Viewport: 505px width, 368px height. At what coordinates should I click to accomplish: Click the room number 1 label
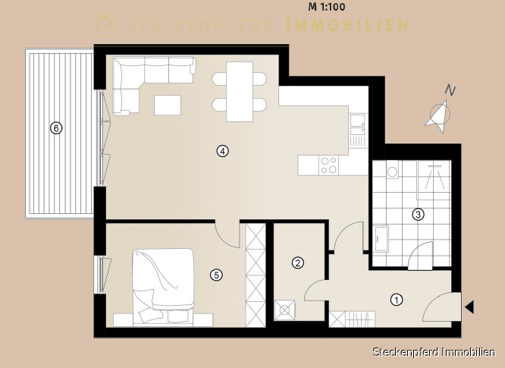(x=397, y=300)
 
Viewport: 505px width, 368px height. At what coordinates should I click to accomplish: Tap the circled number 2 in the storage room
(x=297, y=263)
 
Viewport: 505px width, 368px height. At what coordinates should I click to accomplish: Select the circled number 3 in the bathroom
(x=418, y=215)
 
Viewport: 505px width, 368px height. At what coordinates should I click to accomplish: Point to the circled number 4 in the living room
(x=222, y=151)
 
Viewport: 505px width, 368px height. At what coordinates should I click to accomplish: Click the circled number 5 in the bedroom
(x=216, y=275)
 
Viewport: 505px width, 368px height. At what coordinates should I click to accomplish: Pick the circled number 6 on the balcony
(x=56, y=128)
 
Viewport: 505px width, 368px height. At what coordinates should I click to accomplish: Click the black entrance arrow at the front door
(x=469, y=307)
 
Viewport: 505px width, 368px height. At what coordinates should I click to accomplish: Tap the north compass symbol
(x=441, y=109)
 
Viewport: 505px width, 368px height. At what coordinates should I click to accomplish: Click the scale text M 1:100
(x=327, y=7)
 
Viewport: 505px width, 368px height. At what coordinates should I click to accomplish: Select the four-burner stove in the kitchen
(x=329, y=165)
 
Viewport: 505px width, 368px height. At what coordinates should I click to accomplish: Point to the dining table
(x=240, y=92)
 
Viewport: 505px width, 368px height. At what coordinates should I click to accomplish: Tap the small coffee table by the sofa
(x=168, y=105)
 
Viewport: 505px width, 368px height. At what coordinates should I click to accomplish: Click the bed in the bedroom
(x=163, y=286)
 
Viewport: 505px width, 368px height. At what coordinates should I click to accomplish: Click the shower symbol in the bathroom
(x=434, y=178)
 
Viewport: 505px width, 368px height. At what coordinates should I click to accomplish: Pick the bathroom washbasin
(x=381, y=238)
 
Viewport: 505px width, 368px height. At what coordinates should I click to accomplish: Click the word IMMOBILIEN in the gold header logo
(x=347, y=25)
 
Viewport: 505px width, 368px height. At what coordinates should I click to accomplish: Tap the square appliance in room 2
(x=284, y=310)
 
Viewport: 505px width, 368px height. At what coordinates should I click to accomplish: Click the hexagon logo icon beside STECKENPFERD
(x=105, y=24)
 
